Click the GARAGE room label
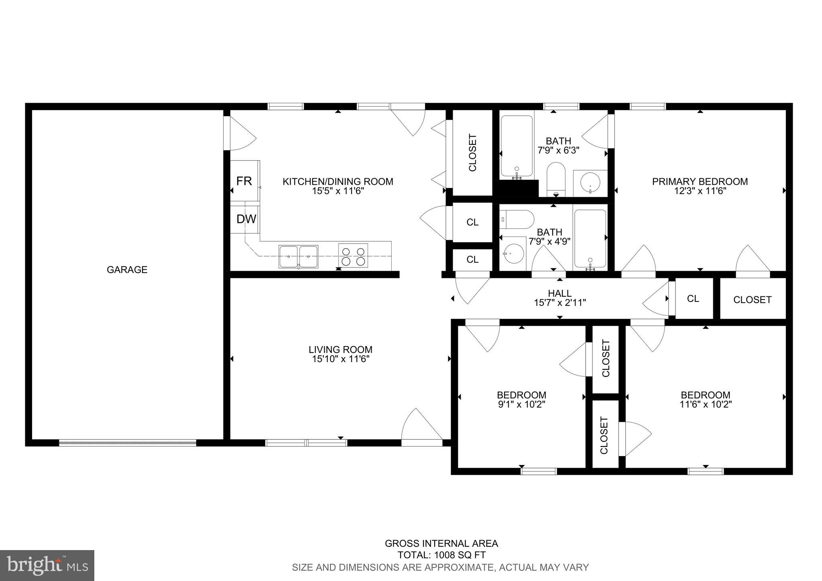coord(127,269)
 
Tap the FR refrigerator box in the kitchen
coord(244,181)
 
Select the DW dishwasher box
coord(246,219)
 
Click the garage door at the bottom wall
coord(128,443)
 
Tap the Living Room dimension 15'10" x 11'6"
coord(340,359)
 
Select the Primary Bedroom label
coord(700,181)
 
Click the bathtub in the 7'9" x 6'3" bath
coord(517,147)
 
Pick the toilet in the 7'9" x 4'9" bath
coord(517,220)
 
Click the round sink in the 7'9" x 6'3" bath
coord(590,183)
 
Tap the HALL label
coord(560,293)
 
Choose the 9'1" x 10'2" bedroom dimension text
coord(521,404)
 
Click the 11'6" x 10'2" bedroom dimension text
coord(705,404)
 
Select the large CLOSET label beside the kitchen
coord(472,153)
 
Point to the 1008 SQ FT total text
coord(442,555)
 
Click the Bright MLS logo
coord(47,565)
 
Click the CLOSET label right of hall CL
coord(752,300)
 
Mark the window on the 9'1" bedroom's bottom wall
coord(538,471)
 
